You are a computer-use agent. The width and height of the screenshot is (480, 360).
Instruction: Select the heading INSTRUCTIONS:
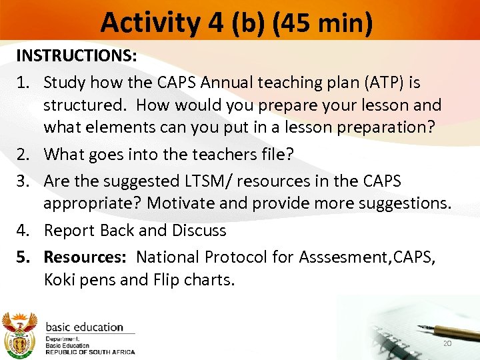point(77,56)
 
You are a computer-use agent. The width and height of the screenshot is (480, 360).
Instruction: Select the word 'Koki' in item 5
point(60,279)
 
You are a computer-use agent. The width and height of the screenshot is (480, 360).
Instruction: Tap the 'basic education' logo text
point(84,327)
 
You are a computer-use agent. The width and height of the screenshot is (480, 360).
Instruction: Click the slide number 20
point(446,343)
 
